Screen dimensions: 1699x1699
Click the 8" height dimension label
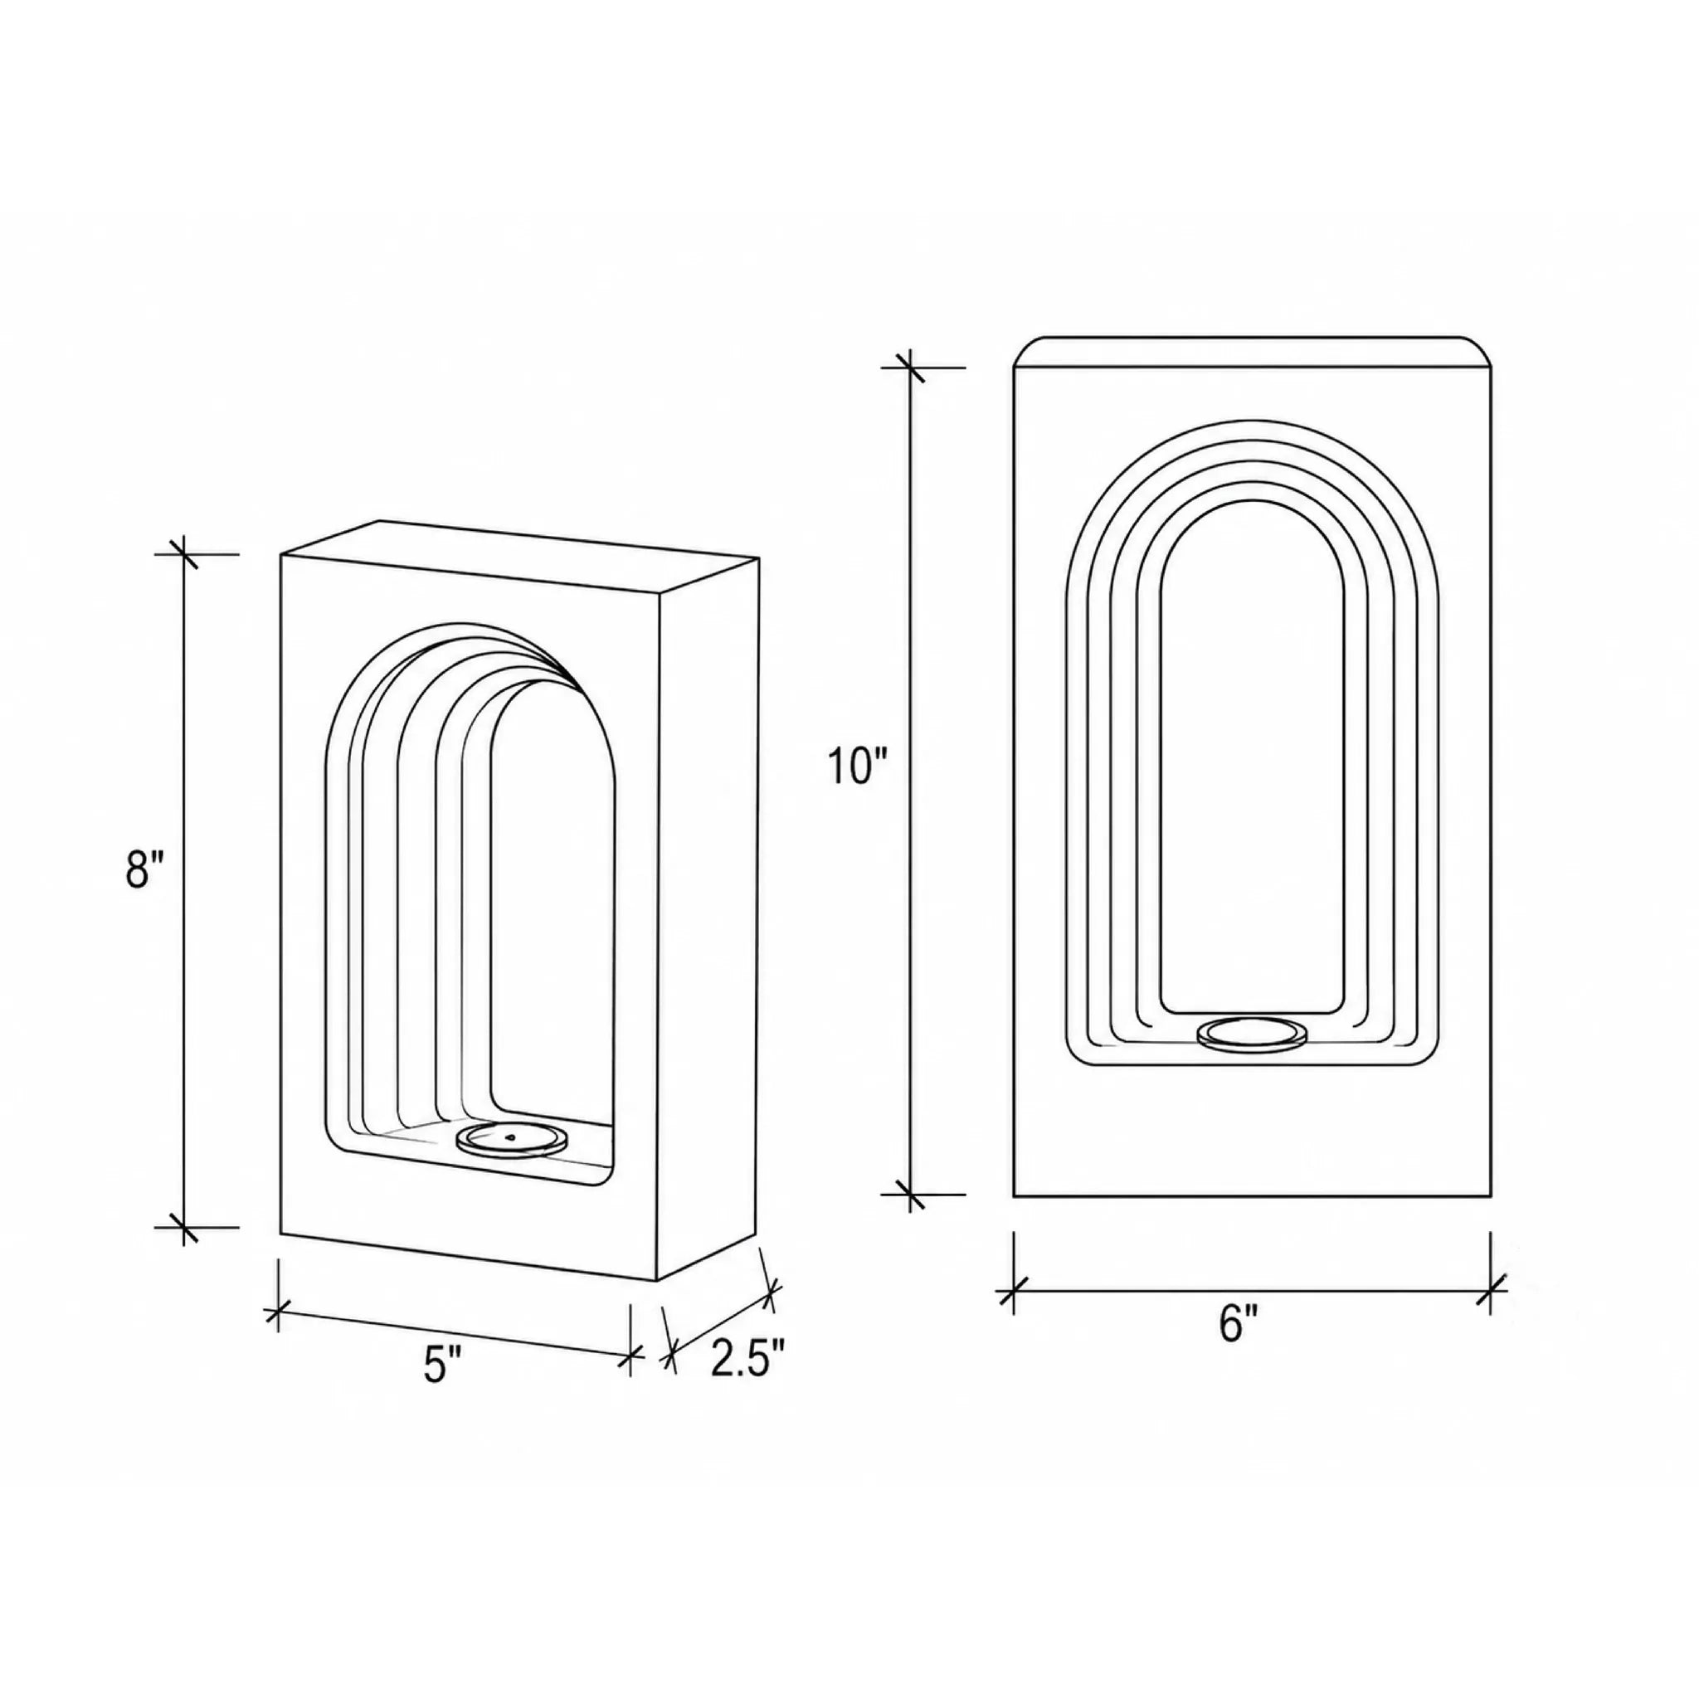coord(145,869)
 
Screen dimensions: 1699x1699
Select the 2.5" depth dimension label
coord(747,1359)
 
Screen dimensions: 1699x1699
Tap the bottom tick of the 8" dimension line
coord(184,1227)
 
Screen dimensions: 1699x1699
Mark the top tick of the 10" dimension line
coord(910,368)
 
